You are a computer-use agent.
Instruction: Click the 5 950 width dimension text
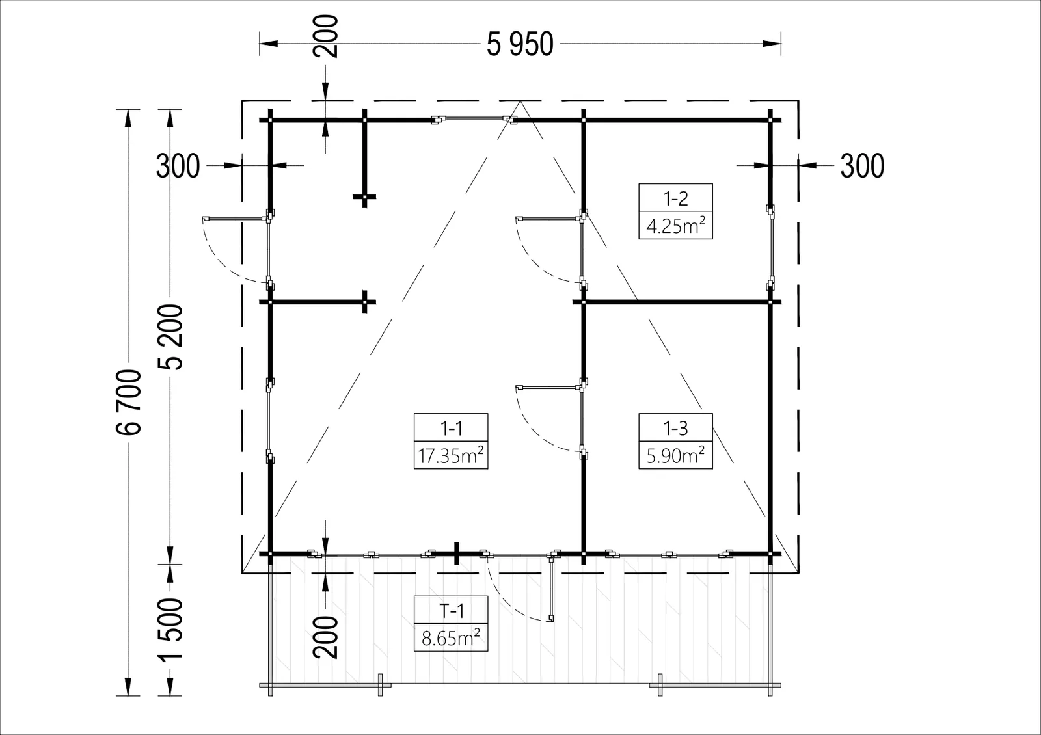pyautogui.click(x=520, y=45)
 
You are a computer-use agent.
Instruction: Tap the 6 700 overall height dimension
pyautogui.click(x=128, y=403)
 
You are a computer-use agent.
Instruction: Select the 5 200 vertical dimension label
pyautogui.click(x=170, y=337)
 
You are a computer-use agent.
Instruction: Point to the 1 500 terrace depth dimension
pyautogui.click(x=170, y=629)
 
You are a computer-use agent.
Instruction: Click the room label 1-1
pyautogui.click(x=451, y=428)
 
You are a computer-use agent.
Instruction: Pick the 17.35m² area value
pyautogui.click(x=451, y=455)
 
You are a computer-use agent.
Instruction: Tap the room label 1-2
pyautogui.click(x=675, y=198)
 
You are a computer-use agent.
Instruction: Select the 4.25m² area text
pyautogui.click(x=676, y=226)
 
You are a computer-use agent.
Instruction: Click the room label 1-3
pyautogui.click(x=675, y=428)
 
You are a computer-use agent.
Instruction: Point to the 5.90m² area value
pyautogui.click(x=676, y=455)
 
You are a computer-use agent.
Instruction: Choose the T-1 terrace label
pyautogui.click(x=451, y=611)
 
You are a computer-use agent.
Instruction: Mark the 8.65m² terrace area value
pyautogui.click(x=451, y=638)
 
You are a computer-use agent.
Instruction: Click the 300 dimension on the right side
pyautogui.click(x=862, y=166)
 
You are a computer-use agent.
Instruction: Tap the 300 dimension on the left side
pyautogui.click(x=178, y=166)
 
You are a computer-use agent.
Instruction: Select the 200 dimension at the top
pyautogui.click(x=325, y=36)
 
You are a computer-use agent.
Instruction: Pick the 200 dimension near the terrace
pyautogui.click(x=325, y=637)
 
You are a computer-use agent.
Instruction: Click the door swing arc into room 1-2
pyautogui.click(x=534, y=265)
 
